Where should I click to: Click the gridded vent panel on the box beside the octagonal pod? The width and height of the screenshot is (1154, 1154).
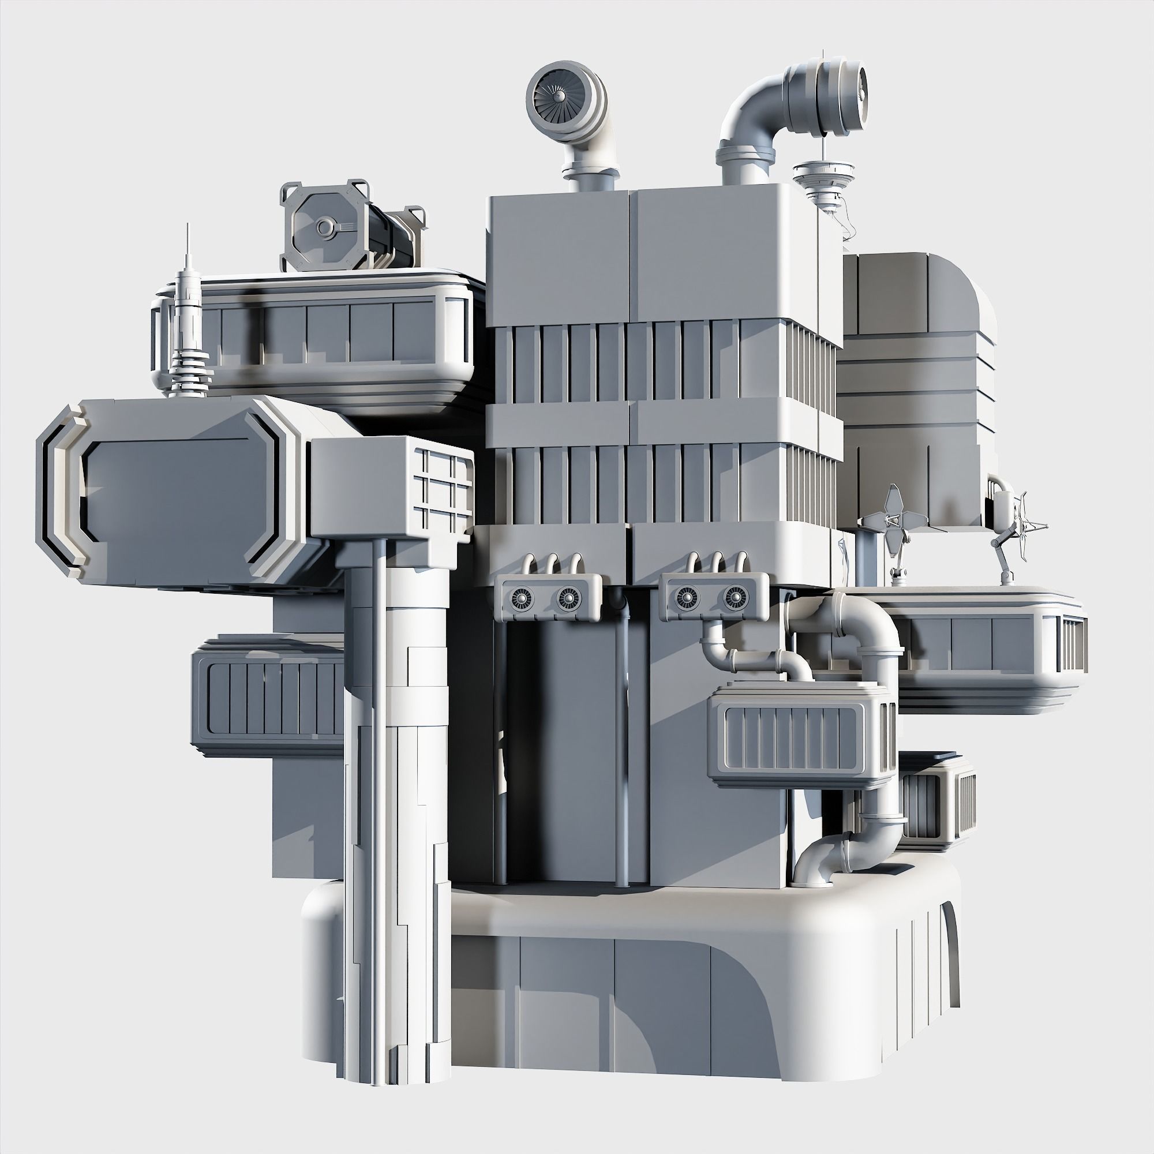pos(445,490)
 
